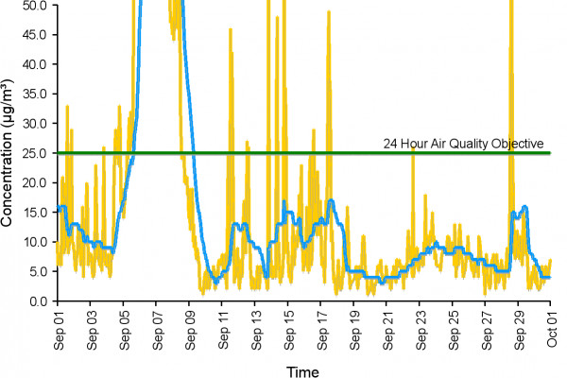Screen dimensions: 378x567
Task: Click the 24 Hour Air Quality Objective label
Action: pos(463,144)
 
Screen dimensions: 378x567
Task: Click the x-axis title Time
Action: pos(303,371)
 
